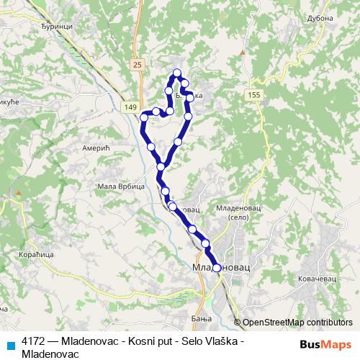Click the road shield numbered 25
pos(138,64)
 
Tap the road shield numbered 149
pos(130,107)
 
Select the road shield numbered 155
pos(253,95)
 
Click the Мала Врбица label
pos(114,186)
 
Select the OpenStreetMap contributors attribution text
pos(297,323)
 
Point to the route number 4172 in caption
pos(34,341)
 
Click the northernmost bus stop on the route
pos(176,72)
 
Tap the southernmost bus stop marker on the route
pos(216,268)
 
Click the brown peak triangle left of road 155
pos(243,53)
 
